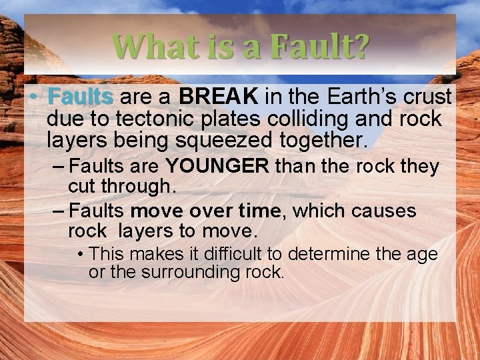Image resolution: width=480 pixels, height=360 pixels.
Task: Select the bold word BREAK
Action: pyautogui.click(x=219, y=97)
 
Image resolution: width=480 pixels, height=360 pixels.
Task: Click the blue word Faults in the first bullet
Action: pyautogui.click(x=80, y=97)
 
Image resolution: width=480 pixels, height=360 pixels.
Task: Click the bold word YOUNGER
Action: pyautogui.click(x=217, y=166)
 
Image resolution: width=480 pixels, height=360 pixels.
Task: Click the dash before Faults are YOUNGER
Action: pyautogui.click(x=58, y=166)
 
